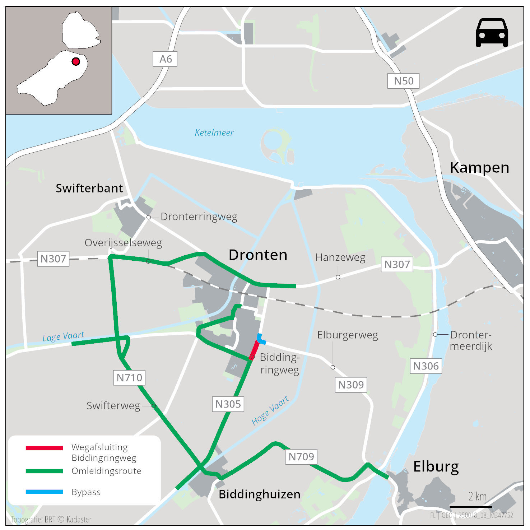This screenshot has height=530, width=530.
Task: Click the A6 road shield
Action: point(165,59)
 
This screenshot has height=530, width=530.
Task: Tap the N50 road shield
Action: point(403,81)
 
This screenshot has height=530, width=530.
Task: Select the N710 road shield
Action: point(129,377)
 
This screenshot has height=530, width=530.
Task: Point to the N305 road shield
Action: point(228,404)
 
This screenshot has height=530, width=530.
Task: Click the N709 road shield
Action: point(301,456)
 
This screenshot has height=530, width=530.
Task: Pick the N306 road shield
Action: point(426,366)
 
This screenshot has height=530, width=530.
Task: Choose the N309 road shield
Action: point(351,385)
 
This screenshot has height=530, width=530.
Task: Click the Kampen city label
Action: point(479,167)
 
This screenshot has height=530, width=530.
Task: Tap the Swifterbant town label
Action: point(89,188)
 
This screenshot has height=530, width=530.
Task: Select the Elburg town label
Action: point(436,466)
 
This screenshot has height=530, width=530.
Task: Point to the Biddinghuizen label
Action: point(259,494)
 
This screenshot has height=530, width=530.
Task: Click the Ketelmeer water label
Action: point(214,132)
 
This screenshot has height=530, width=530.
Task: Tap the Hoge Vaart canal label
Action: point(270,410)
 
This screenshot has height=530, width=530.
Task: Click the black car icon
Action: point(492,33)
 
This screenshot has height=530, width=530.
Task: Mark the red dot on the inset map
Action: point(76,61)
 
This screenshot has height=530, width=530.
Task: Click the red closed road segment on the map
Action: point(254,350)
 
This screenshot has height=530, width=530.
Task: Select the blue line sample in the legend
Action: point(44,492)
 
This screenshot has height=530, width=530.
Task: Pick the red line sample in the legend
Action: point(44,448)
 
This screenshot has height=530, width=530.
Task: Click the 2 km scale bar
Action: point(470,507)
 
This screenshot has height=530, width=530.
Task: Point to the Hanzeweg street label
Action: point(340,257)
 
